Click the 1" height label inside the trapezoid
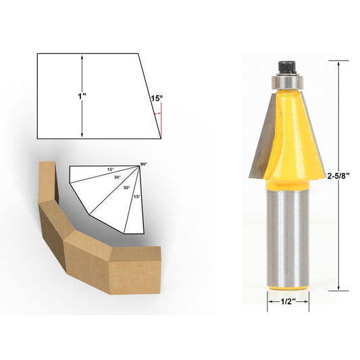[x=82, y=96]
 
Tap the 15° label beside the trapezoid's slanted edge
[x=156, y=99]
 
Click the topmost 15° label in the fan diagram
[x=110, y=170]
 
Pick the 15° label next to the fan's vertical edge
[x=137, y=197]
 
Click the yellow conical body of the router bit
[x=287, y=135]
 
